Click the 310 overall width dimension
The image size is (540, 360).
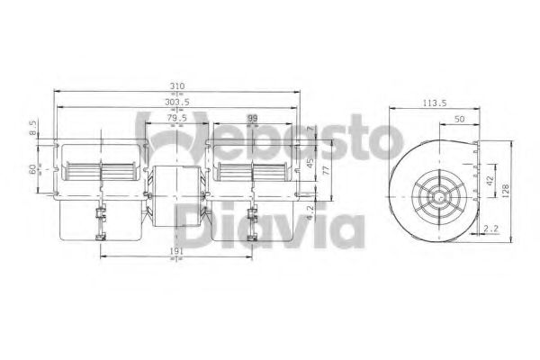point(177,86)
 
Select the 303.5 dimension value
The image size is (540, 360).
point(177,103)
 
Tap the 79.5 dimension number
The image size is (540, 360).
point(176,119)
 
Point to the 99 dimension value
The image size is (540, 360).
point(252,119)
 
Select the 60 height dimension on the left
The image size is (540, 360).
point(32,169)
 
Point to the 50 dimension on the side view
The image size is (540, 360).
point(460,119)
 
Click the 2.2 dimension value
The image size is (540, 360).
point(491,230)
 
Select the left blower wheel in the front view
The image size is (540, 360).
point(99,170)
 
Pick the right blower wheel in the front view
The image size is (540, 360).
point(255,170)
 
